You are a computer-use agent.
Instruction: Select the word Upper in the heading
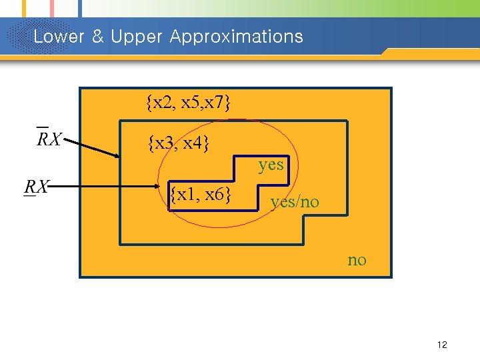point(136,36)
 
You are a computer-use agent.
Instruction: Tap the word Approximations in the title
point(236,36)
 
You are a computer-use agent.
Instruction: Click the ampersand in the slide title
point(97,36)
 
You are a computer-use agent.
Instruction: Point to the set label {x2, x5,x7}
point(189,103)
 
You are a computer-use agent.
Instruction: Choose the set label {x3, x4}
point(179,143)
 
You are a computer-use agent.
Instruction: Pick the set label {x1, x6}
point(201,195)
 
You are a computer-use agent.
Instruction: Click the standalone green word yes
point(271,164)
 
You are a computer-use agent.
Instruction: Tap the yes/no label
point(295,201)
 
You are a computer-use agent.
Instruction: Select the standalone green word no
point(357,260)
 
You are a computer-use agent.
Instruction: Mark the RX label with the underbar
point(36,187)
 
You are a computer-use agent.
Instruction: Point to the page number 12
point(441,345)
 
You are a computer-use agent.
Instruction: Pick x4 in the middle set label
point(195,143)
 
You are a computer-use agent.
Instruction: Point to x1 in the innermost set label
point(187,195)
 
